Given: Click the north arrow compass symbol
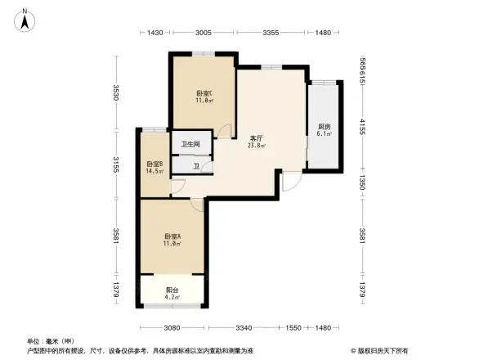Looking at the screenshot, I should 25,20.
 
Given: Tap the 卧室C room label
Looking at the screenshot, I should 204,93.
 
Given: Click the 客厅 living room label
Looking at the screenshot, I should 256,138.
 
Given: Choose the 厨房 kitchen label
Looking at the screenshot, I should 325,127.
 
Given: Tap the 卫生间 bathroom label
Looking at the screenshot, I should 190,145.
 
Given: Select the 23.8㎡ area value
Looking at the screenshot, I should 256,146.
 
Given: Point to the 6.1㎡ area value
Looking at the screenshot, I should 325,135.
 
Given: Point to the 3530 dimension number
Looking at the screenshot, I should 117,92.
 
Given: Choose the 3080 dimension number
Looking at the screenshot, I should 171,328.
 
